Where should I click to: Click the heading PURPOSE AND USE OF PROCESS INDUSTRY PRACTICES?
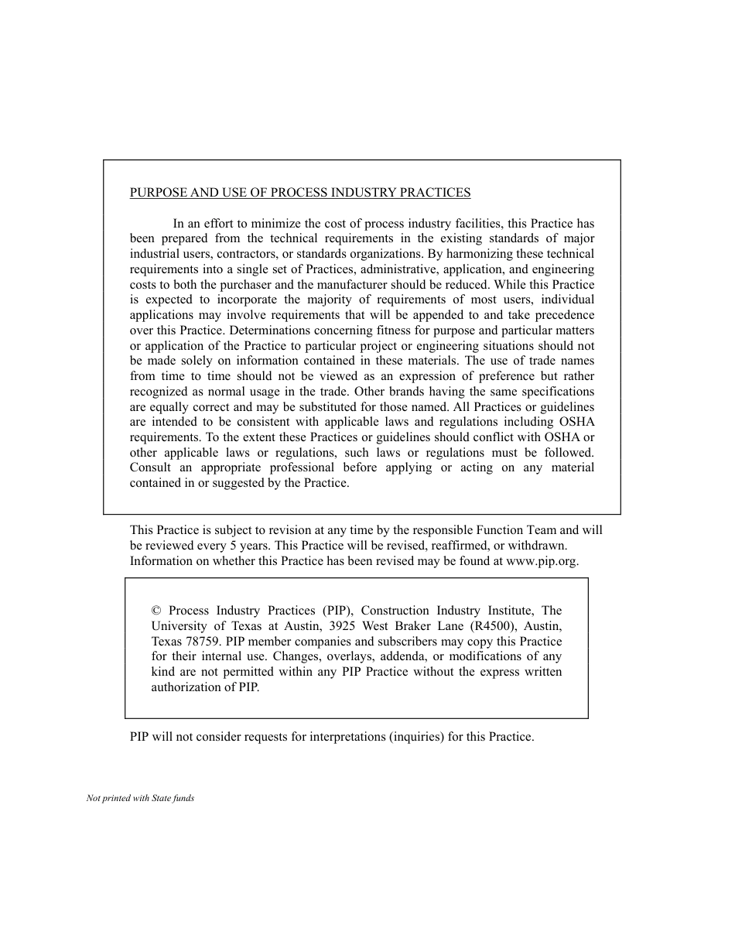point(300,193)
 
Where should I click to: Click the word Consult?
point(150,467)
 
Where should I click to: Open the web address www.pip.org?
point(542,561)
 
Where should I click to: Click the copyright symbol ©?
point(156,611)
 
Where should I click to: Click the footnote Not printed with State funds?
point(140,798)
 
